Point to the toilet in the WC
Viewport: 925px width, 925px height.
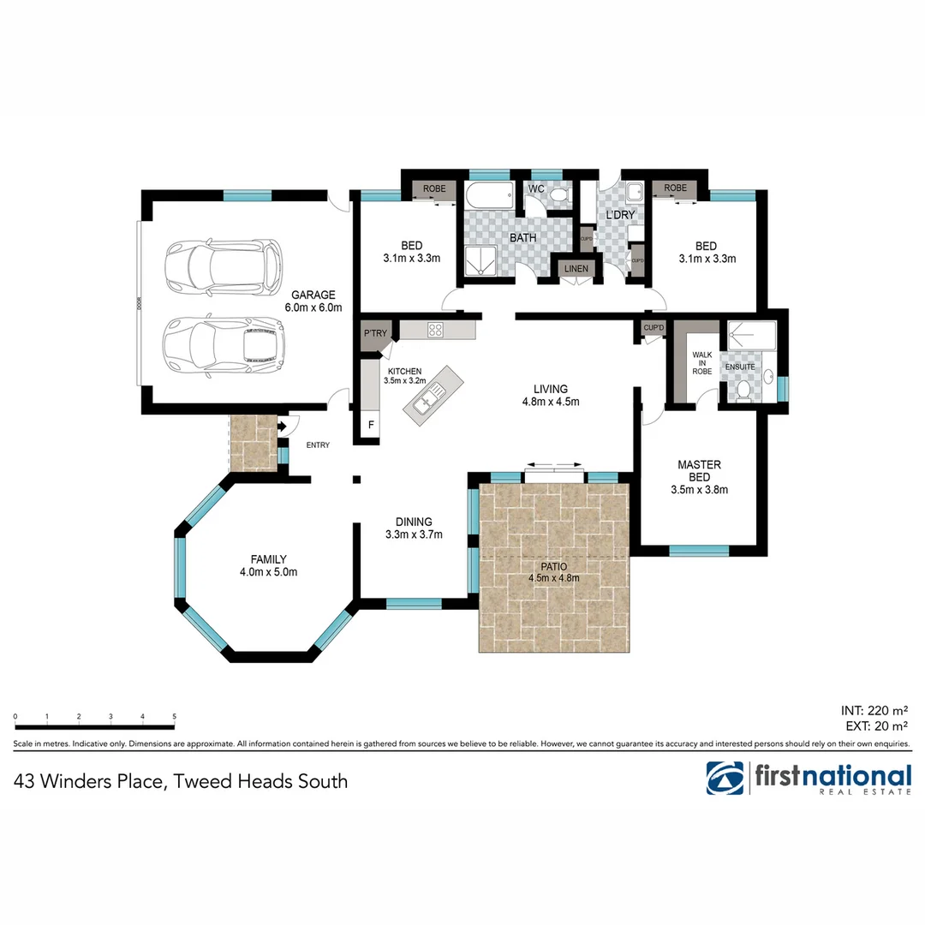[x=558, y=197]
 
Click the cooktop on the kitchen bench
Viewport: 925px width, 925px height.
[x=435, y=329]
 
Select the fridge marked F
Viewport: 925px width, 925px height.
[x=371, y=425]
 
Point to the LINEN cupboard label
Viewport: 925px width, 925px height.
[x=575, y=270]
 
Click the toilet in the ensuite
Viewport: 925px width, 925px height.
[x=744, y=391]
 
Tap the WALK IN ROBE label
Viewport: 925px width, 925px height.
[x=702, y=361]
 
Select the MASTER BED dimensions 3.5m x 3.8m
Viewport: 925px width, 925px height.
[x=698, y=491]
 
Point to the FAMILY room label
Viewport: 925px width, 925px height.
[x=268, y=559]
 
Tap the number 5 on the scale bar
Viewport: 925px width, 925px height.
[x=174, y=717]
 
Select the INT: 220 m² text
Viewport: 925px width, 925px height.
[x=874, y=710]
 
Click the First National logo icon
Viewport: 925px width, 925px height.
[x=725, y=779]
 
